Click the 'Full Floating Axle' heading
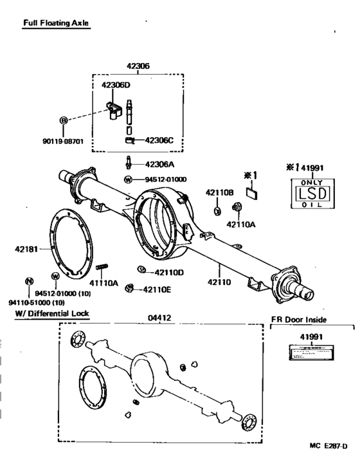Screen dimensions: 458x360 pyautogui.click(x=56, y=24)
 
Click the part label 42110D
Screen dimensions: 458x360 pyautogui.click(x=168, y=272)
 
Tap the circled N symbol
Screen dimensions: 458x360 pyautogui.click(x=28, y=281)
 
